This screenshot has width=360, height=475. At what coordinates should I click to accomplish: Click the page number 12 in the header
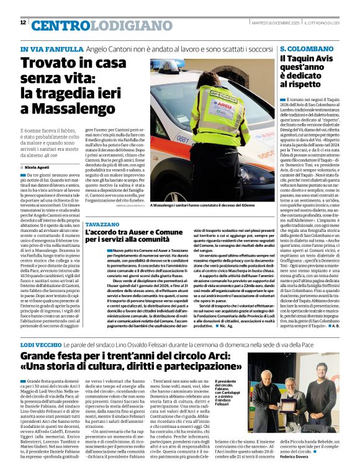click(x=23, y=22)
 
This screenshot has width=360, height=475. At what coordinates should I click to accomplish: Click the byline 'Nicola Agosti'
click(x=38, y=167)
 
